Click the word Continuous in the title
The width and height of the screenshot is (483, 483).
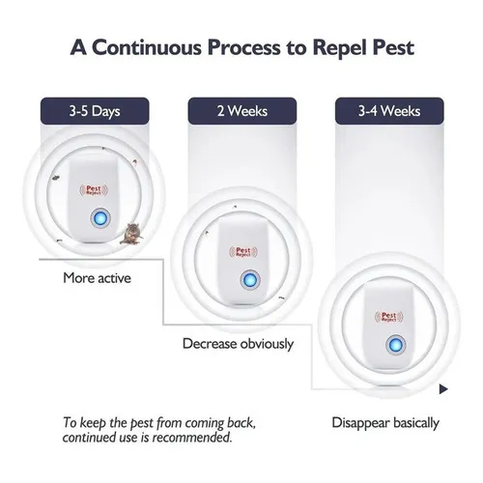147,47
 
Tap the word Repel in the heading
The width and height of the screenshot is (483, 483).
340,48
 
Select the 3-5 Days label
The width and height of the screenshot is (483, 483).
95,111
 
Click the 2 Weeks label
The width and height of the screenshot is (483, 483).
242,111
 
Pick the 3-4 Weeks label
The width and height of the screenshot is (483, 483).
389,111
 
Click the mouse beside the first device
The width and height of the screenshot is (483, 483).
131,234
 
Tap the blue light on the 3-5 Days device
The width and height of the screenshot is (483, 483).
100,218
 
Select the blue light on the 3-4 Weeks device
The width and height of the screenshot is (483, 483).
396,346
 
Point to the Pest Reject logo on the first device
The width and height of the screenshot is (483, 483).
94,190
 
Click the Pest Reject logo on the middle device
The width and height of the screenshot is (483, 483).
243,252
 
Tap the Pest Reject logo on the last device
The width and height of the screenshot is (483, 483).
389,317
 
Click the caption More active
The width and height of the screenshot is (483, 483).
97,278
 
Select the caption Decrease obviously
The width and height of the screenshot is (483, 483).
238,344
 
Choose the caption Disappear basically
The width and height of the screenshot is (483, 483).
385,423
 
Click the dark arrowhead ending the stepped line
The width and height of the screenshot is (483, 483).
443,389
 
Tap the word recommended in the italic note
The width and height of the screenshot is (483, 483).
192,438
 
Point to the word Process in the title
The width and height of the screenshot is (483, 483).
244,47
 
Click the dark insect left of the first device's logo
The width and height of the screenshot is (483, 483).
55,178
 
